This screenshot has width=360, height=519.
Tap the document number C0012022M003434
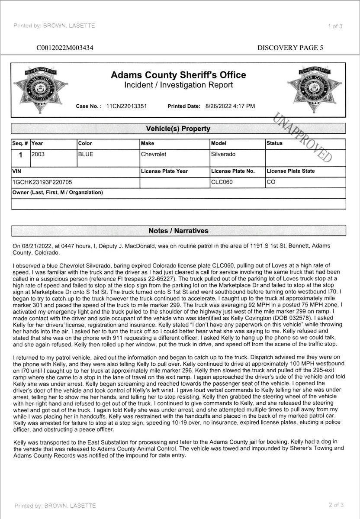(x=65, y=48)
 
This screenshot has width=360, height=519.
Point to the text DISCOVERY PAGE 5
(x=290, y=48)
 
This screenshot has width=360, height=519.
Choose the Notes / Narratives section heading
(x=178, y=231)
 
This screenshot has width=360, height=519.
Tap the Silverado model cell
(x=223, y=155)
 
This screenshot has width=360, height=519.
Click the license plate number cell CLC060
(x=222, y=182)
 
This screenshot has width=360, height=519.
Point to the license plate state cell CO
(x=271, y=182)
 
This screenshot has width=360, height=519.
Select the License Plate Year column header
(x=164, y=171)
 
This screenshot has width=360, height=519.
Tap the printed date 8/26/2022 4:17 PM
(x=233, y=106)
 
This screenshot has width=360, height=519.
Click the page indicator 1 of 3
(x=335, y=26)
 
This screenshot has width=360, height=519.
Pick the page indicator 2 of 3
(x=335, y=505)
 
